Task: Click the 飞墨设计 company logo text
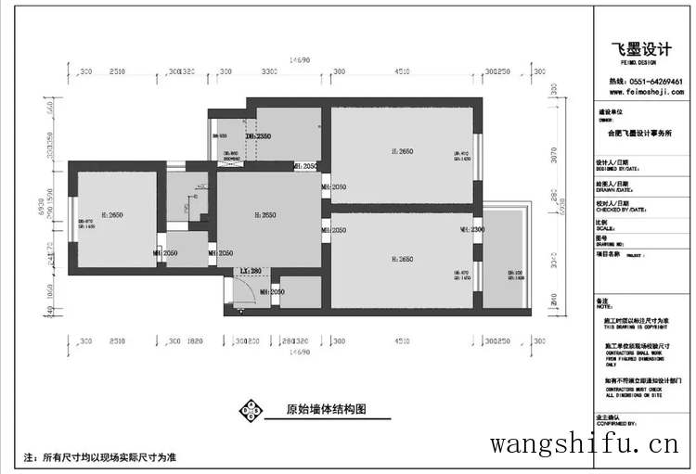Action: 639,50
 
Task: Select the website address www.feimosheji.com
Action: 646,93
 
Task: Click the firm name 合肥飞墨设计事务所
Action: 639,133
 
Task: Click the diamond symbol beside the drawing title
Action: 251,410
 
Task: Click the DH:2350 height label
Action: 257,135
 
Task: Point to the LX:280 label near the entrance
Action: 251,271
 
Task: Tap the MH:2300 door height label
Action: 472,229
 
